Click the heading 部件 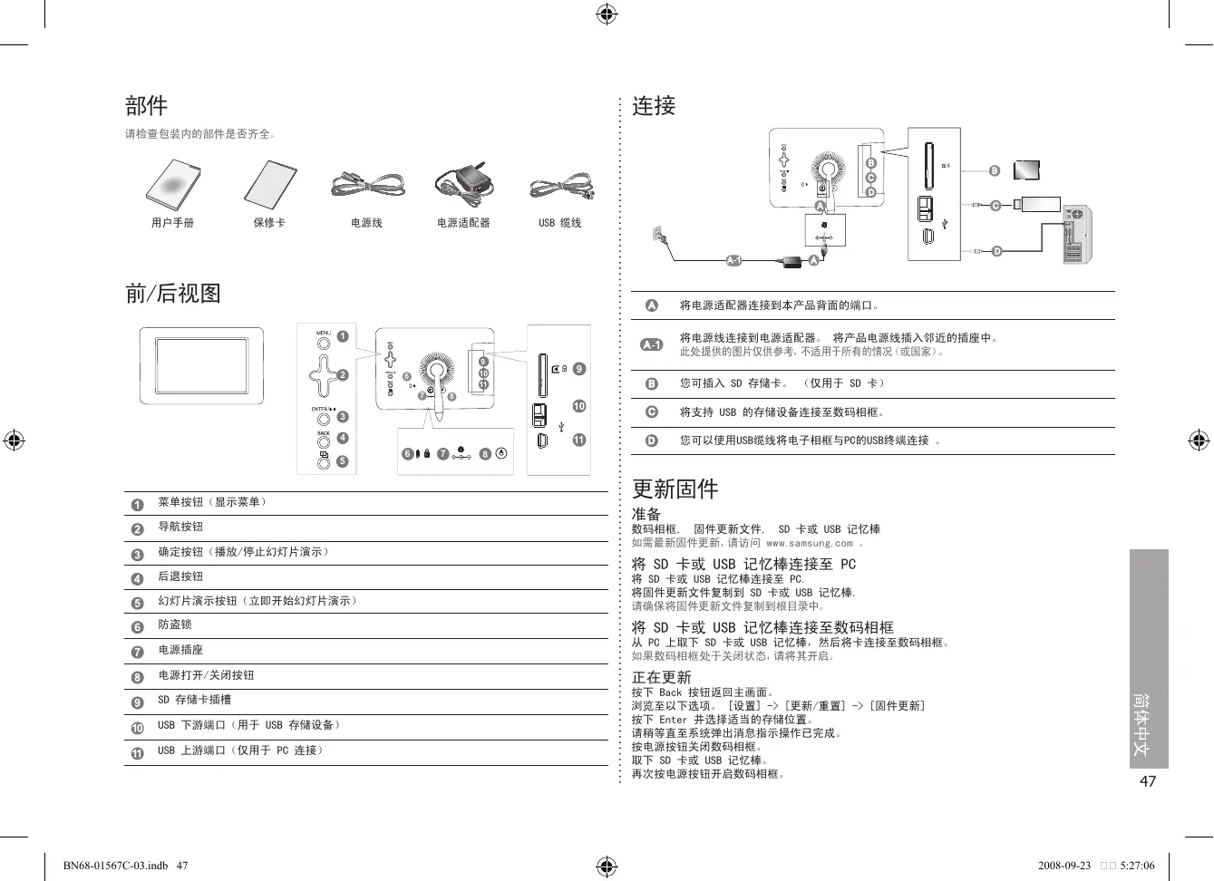[x=146, y=106]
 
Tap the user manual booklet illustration [x=173, y=185]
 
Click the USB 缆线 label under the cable [x=559, y=223]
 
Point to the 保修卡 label [x=269, y=223]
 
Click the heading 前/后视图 [x=172, y=293]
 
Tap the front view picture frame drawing [x=201, y=366]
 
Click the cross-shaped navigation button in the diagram [x=324, y=373]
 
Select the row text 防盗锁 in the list [x=175, y=624]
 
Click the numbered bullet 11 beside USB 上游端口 [x=138, y=753]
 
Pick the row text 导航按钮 [x=180, y=527]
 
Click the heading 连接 [x=654, y=106]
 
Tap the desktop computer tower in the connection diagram [x=1078, y=234]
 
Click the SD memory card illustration [x=1027, y=170]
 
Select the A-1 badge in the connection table [x=651, y=344]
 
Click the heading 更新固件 [x=675, y=489]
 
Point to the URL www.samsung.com [x=809, y=544]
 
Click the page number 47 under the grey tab [x=1148, y=781]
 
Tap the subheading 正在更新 [x=661, y=677]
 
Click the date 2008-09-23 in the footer [x=1064, y=866]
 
